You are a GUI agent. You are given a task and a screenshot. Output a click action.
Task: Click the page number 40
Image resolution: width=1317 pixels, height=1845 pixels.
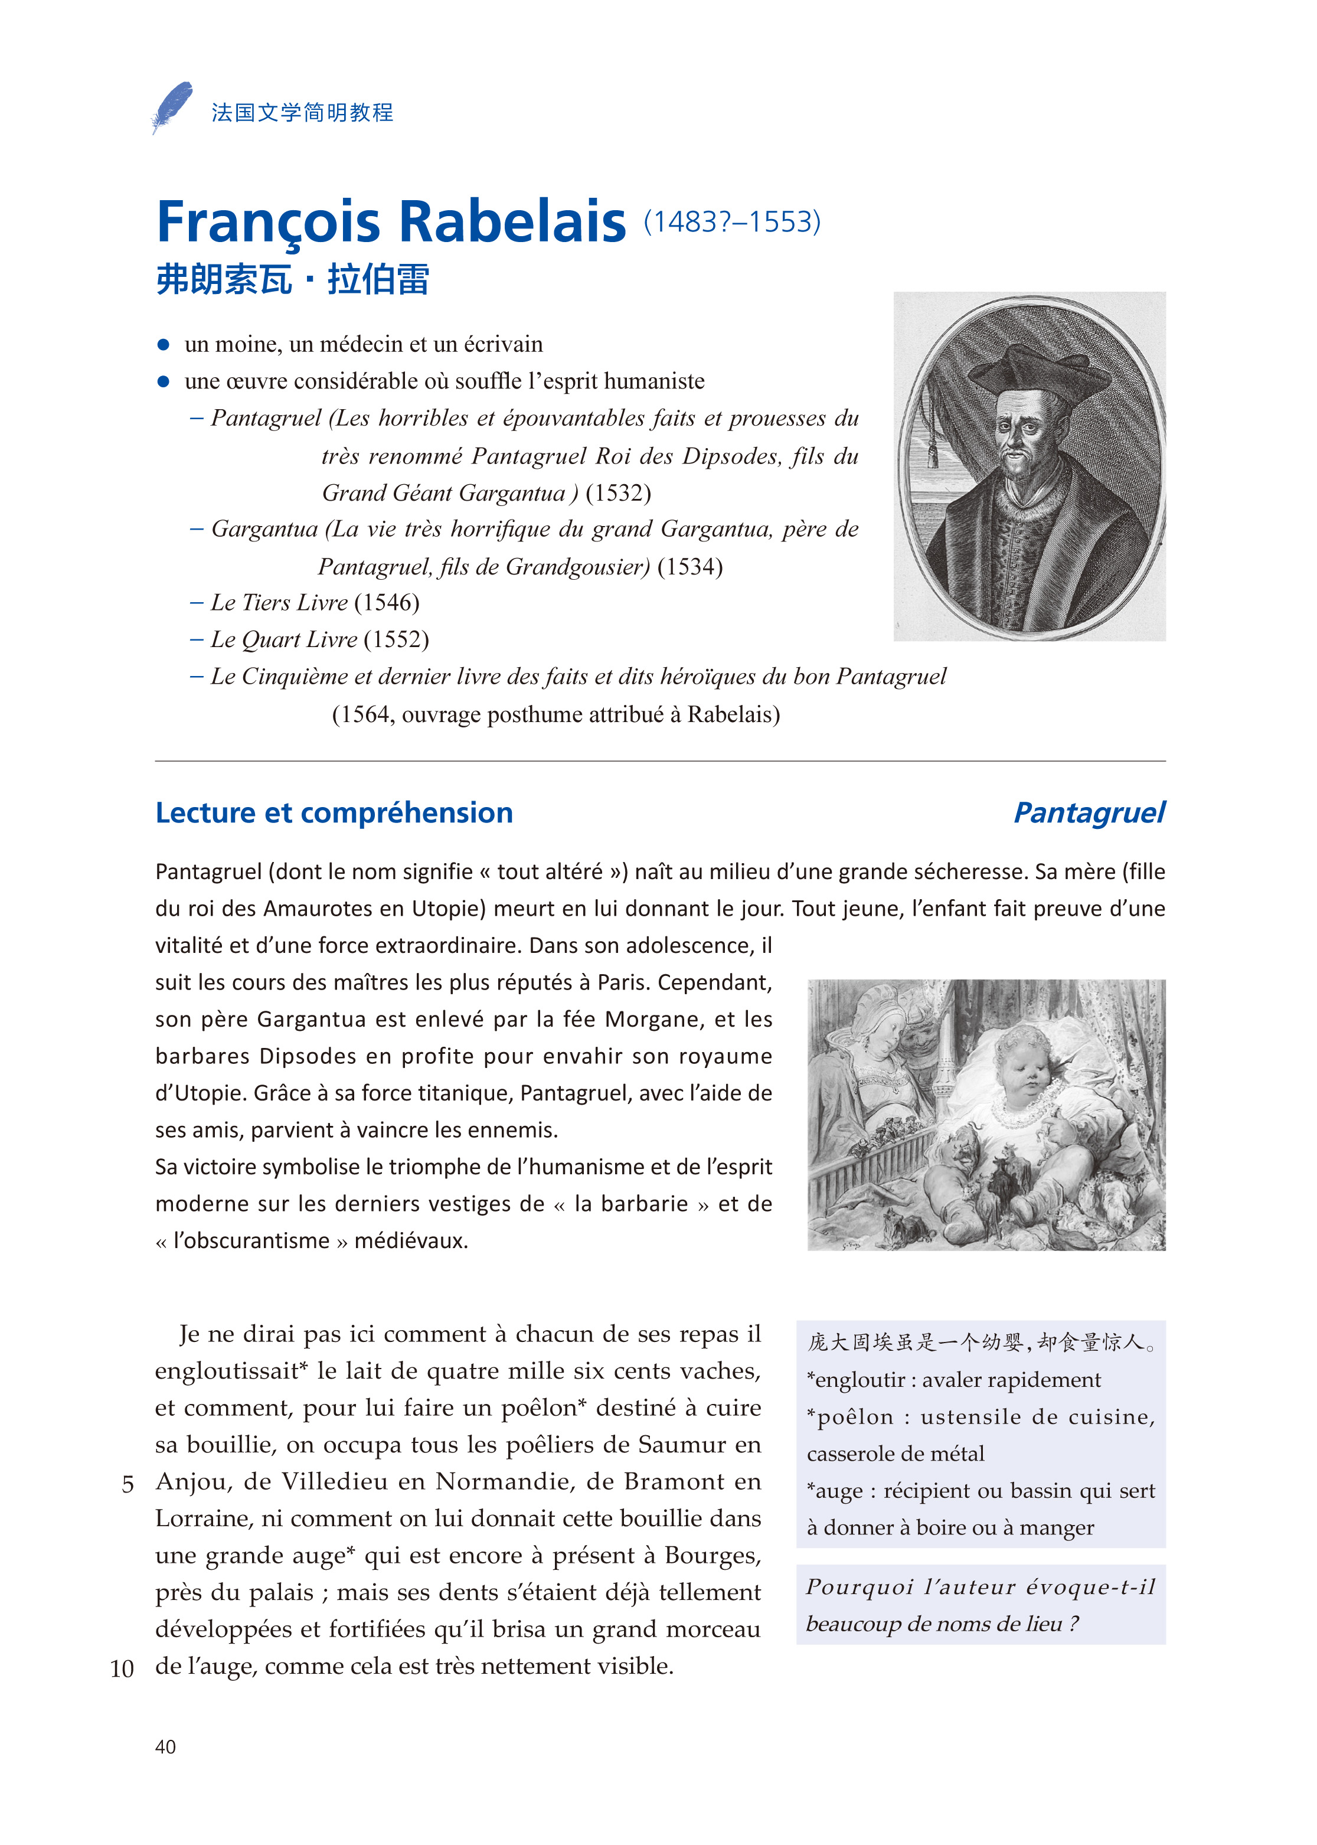[x=165, y=1746]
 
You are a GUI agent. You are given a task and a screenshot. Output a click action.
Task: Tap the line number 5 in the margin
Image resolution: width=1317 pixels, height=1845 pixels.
[x=128, y=1484]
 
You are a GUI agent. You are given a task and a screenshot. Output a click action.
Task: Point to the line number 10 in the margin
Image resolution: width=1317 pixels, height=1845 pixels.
[x=122, y=1669]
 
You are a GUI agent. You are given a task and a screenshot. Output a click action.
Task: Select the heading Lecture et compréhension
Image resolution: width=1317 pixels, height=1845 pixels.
[x=334, y=812]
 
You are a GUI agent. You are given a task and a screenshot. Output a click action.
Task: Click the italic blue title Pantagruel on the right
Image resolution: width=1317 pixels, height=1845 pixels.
[x=1089, y=812]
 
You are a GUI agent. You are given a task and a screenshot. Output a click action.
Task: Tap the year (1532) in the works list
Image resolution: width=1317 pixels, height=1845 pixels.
[x=618, y=493]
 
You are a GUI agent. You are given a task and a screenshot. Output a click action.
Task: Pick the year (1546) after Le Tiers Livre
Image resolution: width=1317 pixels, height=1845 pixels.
[x=387, y=603]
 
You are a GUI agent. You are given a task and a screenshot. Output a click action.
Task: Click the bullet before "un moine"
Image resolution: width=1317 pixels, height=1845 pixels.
[x=163, y=345]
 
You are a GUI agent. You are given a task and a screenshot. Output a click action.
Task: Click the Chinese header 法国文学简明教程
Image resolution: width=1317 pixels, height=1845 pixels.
[x=302, y=113]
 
